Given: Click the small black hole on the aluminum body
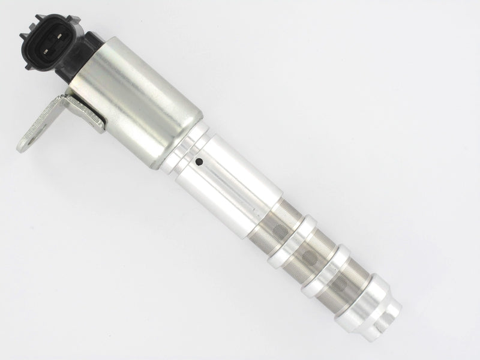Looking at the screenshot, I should coord(200,161).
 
